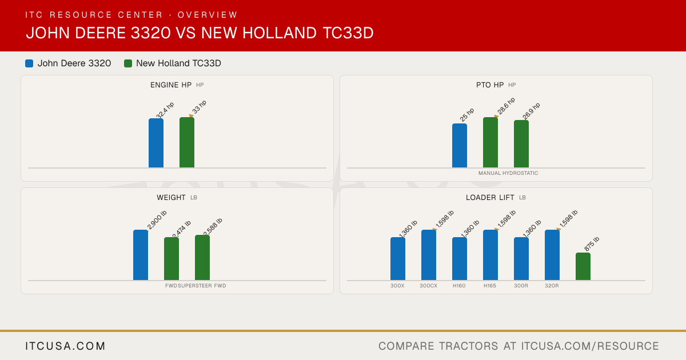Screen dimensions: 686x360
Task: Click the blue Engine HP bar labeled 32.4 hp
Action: [x=156, y=143]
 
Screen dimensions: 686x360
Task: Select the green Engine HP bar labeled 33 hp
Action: [x=187, y=142]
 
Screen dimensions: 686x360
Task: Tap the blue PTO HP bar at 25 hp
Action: [x=460, y=145]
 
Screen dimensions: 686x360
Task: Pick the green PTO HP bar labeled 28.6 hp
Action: [x=490, y=142]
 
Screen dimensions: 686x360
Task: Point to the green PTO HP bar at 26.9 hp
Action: [x=521, y=144]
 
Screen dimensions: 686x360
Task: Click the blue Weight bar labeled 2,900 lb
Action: [x=141, y=255]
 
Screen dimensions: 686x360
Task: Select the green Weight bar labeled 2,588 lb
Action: [x=202, y=258]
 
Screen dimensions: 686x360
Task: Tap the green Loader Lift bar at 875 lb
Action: [x=583, y=266]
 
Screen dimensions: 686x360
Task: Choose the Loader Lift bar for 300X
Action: [x=398, y=259]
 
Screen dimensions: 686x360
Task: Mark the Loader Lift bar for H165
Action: [x=490, y=255]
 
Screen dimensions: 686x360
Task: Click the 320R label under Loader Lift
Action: [x=552, y=286]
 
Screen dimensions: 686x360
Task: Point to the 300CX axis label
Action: [x=428, y=286]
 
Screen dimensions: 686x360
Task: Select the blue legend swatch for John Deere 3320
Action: [x=29, y=63]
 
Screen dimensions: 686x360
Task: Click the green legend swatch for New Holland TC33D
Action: [x=128, y=63]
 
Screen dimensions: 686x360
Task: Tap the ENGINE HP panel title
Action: [x=171, y=85]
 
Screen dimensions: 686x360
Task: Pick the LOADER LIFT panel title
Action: [x=490, y=198]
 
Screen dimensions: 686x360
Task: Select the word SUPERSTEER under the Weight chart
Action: [x=195, y=286]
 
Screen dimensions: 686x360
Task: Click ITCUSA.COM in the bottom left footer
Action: [x=65, y=346]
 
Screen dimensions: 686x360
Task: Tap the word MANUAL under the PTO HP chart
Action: [x=490, y=173]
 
